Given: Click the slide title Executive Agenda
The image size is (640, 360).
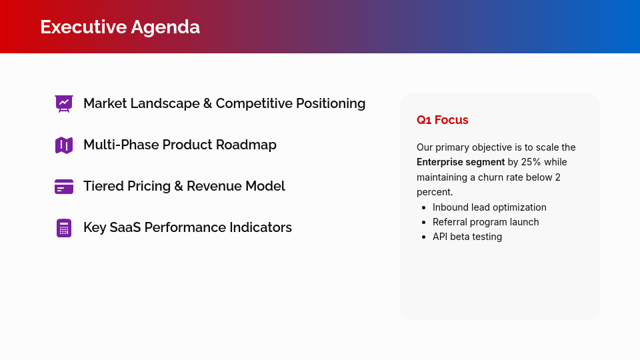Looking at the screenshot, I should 120,27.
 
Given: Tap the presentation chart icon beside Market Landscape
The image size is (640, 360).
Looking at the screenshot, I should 64,103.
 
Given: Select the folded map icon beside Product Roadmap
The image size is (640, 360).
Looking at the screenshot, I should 64,145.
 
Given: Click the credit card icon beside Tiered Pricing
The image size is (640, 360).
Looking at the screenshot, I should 64,187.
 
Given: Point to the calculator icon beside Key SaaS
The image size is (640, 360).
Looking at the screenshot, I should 64,228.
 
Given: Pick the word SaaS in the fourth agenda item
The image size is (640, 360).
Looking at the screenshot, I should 125,227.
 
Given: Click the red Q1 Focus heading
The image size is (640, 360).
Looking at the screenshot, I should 443,120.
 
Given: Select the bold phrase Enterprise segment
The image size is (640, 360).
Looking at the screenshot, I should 461,162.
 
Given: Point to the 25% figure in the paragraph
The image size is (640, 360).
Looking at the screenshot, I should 531,162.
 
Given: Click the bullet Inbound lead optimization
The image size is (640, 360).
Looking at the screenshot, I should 489,207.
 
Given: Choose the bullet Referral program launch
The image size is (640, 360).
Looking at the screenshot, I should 485,222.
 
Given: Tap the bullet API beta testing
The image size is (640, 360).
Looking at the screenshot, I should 467,237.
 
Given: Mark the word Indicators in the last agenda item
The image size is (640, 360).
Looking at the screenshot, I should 261,227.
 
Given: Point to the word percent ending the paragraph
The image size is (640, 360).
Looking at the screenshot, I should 435,192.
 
